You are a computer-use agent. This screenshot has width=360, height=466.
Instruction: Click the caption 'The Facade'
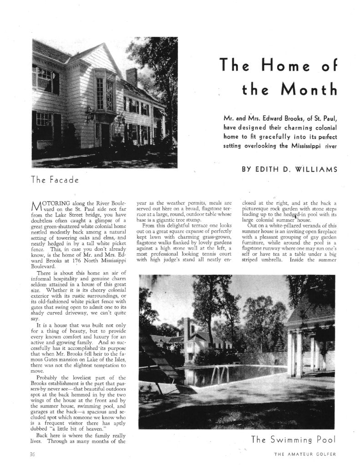55,180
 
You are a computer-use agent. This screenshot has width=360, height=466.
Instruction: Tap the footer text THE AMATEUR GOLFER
305,454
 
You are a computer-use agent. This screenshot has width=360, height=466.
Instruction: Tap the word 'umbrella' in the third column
278,262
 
